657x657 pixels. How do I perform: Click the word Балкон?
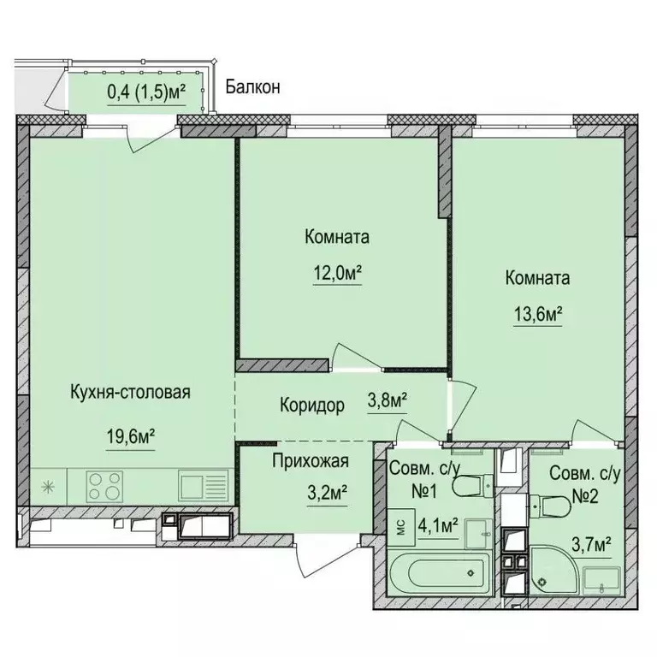[252, 86]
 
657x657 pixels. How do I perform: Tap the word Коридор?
[311, 405]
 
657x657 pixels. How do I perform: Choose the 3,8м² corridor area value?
[387, 400]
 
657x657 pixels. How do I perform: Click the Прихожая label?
[310, 463]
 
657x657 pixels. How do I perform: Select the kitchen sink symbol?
[203, 486]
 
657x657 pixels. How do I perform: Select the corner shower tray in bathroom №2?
[565, 571]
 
